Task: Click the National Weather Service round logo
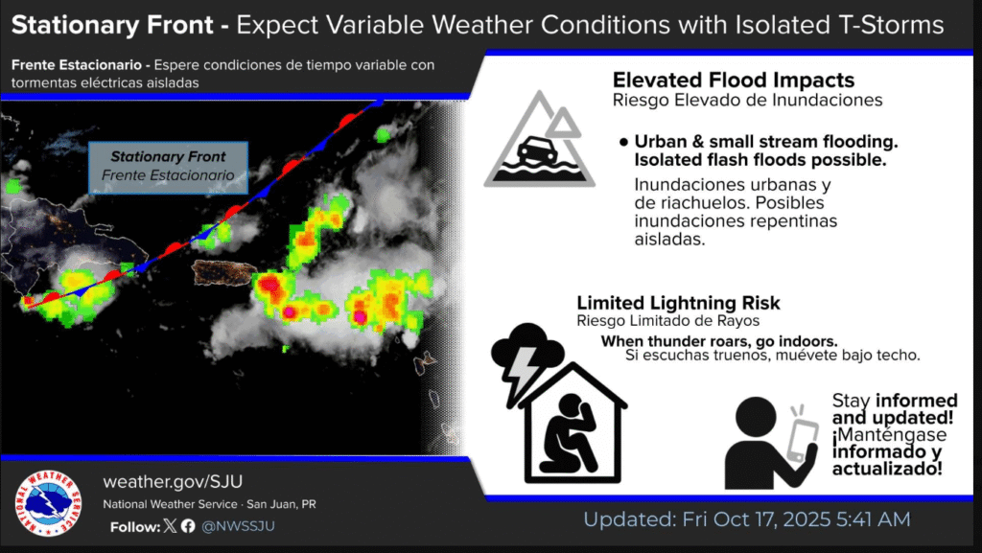(48, 503)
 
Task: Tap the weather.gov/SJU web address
(173, 482)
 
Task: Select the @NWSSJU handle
(238, 526)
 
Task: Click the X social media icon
(170, 525)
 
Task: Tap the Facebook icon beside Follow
(188, 525)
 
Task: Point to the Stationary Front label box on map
(168, 167)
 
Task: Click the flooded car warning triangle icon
(539, 139)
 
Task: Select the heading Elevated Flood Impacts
(734, 81)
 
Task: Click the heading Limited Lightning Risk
(678, 303)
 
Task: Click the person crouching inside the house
(570, 433)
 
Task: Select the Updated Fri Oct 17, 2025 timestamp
(746, 519)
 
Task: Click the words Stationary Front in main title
(112, 25)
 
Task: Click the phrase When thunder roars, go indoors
(719, 341)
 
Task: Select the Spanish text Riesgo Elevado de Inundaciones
(747, 100)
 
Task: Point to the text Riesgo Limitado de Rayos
(667, 321)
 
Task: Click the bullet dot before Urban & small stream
(623, 142)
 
